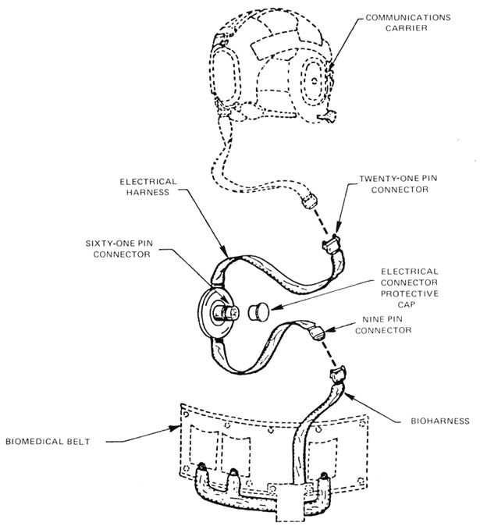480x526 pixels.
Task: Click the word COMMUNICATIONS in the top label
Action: pyautogui.click(x=408, y=17)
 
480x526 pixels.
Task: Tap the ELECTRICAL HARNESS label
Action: pyautogui.click(x=148, y=187)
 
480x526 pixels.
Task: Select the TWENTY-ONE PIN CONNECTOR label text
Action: pyautogui.click(x=399, y=184)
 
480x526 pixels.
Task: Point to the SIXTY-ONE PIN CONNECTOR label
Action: pyautogui.click(x=119, y=249)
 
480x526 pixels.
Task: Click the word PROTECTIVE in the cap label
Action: pyautogui.click(x=410, y=293)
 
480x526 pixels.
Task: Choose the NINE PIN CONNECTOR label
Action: pyautogui.click(x=383, y=325)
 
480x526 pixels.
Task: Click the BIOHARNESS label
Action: pyautogui.click(x=440, y=421)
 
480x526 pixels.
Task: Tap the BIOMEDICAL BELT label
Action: pyautogui.click(x=48, y=442)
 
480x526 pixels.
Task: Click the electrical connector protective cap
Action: pyautogui.click(x=258, y=312)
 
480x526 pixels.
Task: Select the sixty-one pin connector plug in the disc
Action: pyautogui.click(x=226, y=311)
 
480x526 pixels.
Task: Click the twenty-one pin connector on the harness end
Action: pyautogui.click(x=331, y=243)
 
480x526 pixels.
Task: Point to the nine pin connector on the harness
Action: pyautogui.click(x=317, y=333)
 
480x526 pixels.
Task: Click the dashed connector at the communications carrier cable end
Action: pyautogui.click(x=308, y=201)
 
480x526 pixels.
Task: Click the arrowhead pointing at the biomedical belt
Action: pyautogui.click(x=176, y=428)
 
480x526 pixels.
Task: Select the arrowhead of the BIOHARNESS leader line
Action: pyautogui.click(x=350, y=396)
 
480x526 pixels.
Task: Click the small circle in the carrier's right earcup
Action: pyautogui.click(x=315, y=80)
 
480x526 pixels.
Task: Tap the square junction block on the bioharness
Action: pyautogui.click(x=290, y=502)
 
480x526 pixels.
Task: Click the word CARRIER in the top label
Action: pyautogui.click(x=406, y=28)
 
